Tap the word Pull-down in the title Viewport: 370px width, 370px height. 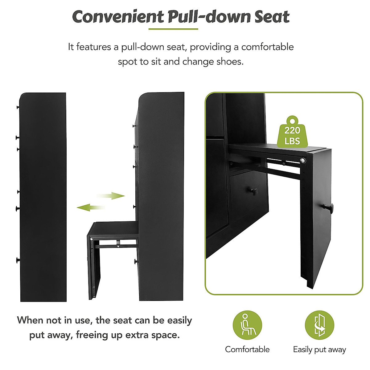tap(209, 17)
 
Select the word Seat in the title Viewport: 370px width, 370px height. tap(272, 17)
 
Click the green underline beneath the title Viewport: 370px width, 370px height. tap(173, 29)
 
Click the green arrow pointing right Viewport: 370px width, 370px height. tap(111, 196)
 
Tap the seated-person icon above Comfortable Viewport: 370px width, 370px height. tap(247, 325)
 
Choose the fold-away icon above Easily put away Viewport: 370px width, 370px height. tap(319, 325)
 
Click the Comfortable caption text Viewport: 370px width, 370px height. tap(247, 349)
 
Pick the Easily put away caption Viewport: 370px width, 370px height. tap(319, 350)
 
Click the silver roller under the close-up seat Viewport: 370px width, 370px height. tap(304, 160)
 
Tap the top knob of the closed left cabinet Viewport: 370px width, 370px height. tap(18, 107)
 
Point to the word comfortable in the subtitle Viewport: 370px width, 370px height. tap(267, 47)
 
